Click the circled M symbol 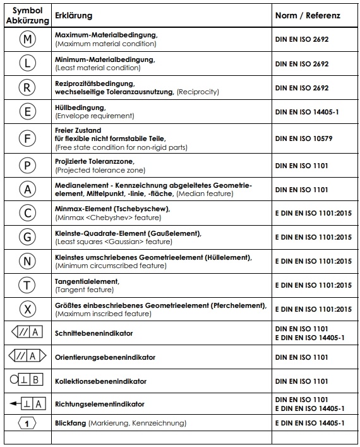tap(28, 40)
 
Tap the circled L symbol tap(28, 64)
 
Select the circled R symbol tap(28, 88)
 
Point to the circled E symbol tap(28, 113)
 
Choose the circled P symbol tap(28, 165)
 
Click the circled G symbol tap(28, 237)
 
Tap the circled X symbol tap(28, 309)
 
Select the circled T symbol tap(28, 285)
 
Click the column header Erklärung tap(74, 16)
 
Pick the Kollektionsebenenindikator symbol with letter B tap(27, 381)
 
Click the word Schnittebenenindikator tap(94, 333)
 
